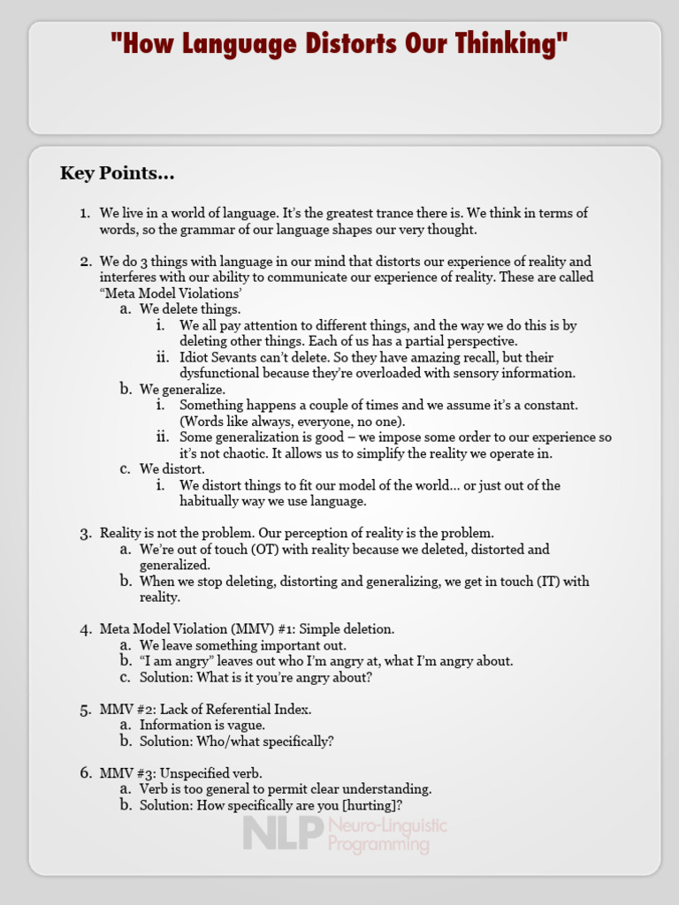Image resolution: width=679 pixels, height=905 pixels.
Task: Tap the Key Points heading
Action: tap(117, 173)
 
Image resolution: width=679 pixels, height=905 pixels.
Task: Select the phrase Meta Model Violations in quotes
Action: tap(172, 293)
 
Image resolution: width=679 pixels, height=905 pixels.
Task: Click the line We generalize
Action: tap(182, 389)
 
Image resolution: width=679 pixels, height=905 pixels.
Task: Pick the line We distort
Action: tap(172, 468)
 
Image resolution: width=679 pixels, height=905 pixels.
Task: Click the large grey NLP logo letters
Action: tap(278, 833)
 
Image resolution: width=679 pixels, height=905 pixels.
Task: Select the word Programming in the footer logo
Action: tap(378, 845)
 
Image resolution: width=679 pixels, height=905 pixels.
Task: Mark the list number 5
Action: tap(85, 709)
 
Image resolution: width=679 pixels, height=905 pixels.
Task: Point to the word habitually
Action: tap(213, 500)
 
